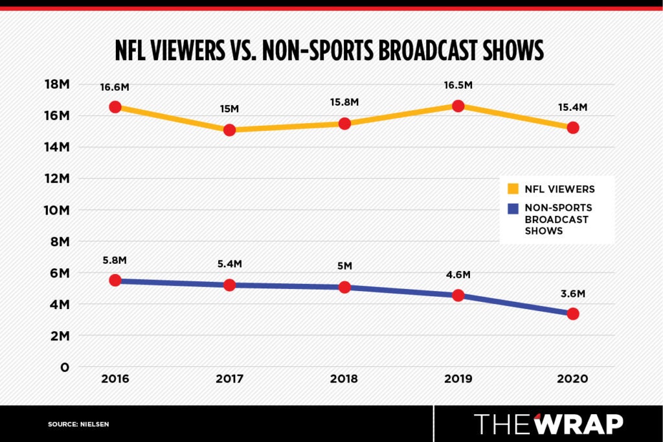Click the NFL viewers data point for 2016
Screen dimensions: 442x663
coord(115,107)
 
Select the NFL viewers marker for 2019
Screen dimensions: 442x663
coord(458,106)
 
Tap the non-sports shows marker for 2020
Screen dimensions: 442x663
coord(572,314)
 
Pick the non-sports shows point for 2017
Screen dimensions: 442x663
coord(229,285)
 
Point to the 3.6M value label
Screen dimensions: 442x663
coord(572,294)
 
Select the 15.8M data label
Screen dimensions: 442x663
coord(344,102)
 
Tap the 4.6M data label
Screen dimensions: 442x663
coord(458,275)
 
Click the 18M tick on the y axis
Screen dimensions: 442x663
coord(56,84)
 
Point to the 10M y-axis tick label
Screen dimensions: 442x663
coord(56,210)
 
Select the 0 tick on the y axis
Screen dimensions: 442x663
coord(64,367)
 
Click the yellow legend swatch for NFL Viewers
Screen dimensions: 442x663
coord(513,189)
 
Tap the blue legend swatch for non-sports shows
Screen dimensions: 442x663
coord(513,209)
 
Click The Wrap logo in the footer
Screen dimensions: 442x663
coord(548,423)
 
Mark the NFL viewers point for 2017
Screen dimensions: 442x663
coord(229,130)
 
